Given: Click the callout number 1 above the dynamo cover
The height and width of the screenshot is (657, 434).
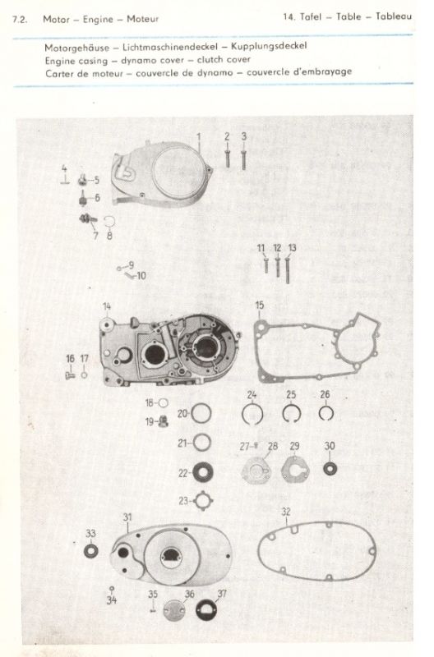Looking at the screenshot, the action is click(x=199, y=136).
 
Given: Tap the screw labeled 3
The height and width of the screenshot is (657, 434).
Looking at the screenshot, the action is click(x=243, y=159).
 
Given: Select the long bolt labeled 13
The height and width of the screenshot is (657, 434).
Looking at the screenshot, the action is click(x=288, y=270).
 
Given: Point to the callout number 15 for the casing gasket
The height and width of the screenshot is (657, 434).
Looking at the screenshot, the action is click(x=260, y=305).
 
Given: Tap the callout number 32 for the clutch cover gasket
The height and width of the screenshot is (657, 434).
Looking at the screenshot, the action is click(x=286, y=512).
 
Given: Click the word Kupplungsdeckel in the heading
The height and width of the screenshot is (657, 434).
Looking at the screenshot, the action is click(x=269, y=46).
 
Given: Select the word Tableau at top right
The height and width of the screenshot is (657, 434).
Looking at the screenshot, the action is click(x=394, y=16).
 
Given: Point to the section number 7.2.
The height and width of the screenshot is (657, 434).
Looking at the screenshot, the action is click(x=20, y=19).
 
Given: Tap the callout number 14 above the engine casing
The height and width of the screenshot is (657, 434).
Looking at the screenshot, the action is click(x=107, y=306).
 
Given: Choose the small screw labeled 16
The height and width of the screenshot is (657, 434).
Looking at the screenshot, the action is click(x=70, y=376).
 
